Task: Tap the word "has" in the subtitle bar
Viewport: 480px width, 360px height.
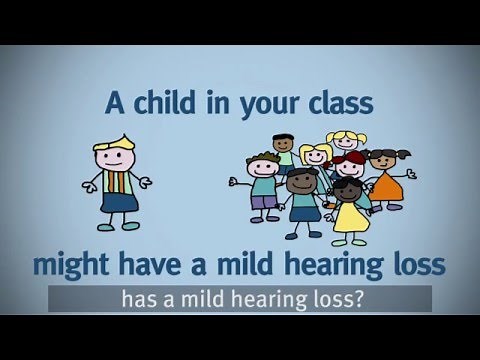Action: [x=137, y=298]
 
